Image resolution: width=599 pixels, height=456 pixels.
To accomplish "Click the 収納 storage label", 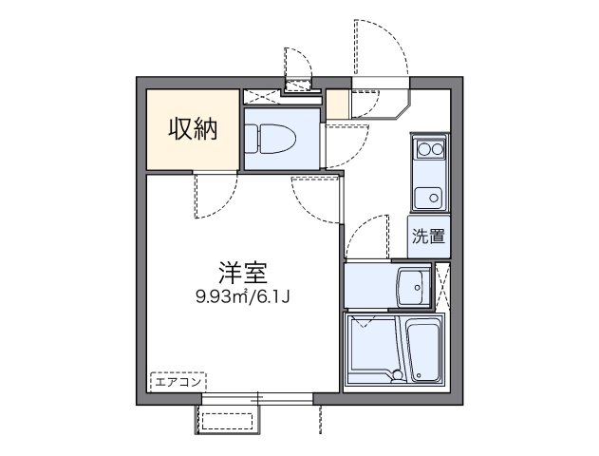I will click(194, 129).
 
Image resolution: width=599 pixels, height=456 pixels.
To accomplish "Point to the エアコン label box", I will click(177, 382).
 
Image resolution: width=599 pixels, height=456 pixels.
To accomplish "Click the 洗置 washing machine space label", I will click(428, 237).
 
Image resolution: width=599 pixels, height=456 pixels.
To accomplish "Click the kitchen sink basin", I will click(427, 198).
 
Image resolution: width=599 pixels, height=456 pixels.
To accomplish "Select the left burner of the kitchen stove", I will click(422, 149).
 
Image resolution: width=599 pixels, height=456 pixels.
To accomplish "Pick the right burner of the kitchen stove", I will click(437, 149).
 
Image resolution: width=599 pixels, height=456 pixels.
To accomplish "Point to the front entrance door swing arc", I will click(380, 47).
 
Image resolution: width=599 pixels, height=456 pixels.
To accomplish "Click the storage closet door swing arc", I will click(211, 197).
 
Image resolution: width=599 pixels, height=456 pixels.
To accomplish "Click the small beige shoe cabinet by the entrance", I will click(337, 103).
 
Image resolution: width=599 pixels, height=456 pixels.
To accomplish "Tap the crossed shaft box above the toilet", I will click(262, 96).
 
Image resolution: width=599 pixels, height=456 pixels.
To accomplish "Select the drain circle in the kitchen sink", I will click(433, 198).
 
